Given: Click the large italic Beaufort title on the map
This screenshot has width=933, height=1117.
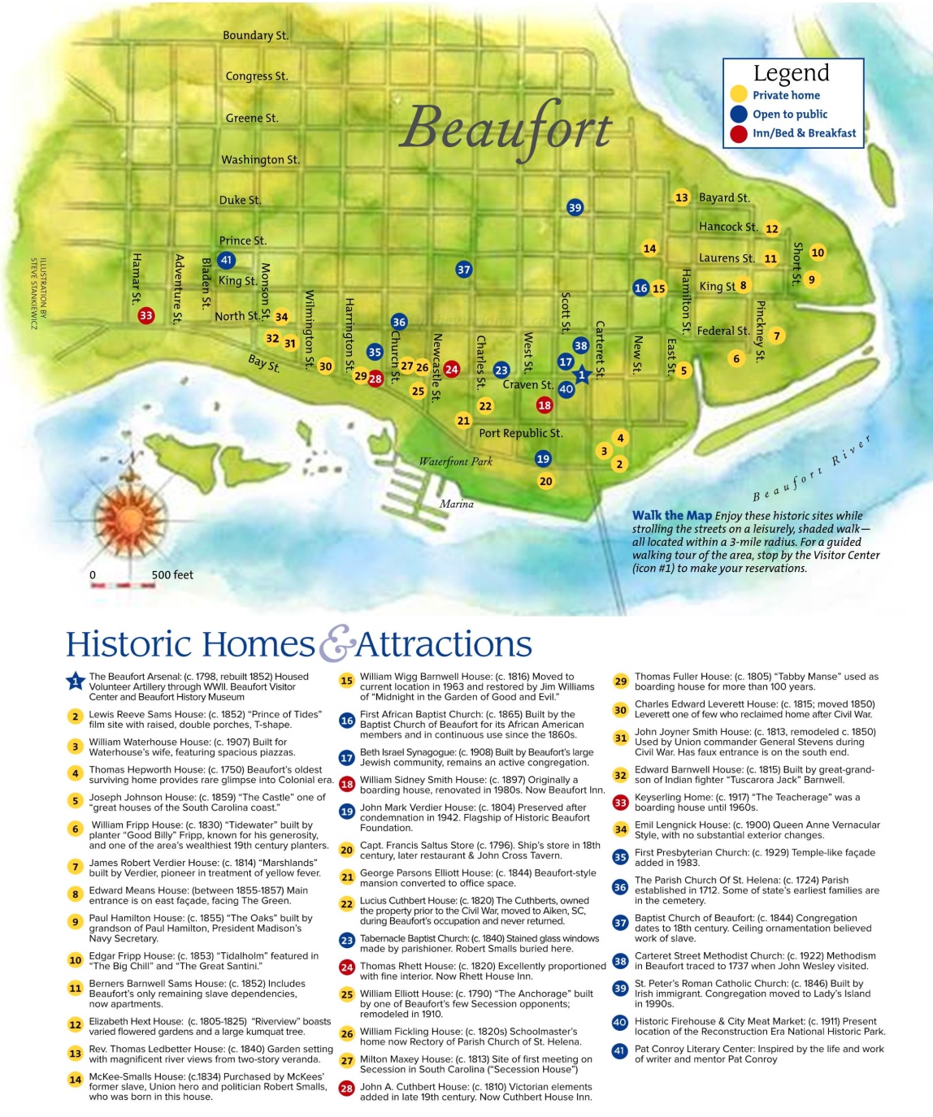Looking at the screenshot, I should [506, 129].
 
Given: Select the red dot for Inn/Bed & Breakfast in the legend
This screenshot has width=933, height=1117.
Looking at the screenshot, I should [738, 133].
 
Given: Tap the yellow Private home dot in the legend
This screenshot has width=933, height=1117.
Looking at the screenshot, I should [738, 95].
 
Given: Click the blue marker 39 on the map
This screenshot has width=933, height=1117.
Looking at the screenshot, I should [575, 207].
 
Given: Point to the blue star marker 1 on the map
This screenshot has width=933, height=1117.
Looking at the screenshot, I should [581, 375].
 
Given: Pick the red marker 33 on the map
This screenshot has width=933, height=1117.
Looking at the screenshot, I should [145, 315].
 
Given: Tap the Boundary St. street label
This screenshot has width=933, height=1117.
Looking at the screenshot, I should [255, 36].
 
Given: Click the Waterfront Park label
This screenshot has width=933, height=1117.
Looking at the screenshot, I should [455, 461].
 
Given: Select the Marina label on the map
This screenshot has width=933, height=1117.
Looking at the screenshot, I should [456, 504].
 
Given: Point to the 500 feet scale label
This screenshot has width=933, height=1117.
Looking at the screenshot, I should [172, 575].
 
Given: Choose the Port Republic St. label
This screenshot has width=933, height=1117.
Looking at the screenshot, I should [520, 433].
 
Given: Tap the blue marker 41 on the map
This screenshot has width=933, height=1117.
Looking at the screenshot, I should [226, 260].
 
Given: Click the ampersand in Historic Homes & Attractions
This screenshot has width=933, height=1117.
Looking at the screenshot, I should [336, 643].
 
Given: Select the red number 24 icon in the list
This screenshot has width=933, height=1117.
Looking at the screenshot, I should [346, 967].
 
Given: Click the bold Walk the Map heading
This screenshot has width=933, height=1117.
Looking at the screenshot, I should [671, 515].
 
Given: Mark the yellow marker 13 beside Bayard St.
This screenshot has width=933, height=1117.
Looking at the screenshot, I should [681, 197].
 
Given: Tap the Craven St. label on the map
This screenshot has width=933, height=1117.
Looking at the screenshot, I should [527, 384].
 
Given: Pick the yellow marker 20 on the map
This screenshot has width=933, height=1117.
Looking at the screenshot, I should [545, 481].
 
